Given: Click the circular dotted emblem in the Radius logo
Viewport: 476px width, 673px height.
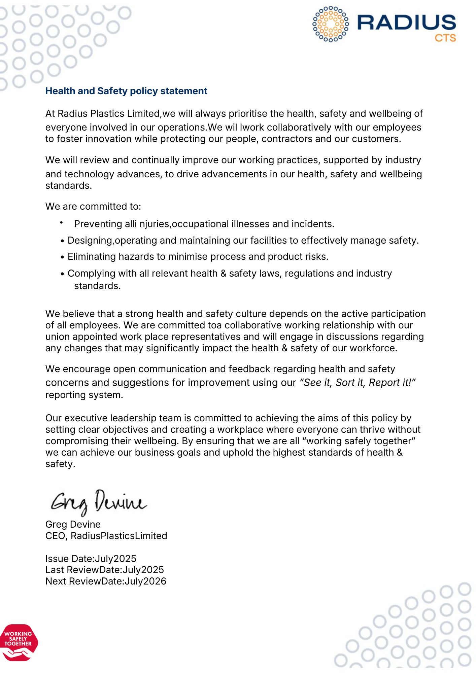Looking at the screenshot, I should pos(331,24).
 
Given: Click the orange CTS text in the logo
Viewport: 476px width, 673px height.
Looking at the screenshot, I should pos(445,38).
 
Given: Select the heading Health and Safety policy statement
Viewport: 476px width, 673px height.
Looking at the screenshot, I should pos(126,91).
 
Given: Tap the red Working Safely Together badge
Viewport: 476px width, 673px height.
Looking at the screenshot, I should pos(19,642).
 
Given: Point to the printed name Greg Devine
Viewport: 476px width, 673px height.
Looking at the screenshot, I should pos(73,524).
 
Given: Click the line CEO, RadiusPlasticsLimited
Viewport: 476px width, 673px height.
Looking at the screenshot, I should pos(106,536).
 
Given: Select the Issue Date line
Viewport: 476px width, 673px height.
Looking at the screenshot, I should pos(91,559).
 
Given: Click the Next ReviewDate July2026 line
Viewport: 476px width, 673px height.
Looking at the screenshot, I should pos(106,581).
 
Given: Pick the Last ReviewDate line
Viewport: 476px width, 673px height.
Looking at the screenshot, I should pos(104,570).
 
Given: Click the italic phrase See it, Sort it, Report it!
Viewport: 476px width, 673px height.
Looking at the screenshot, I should pos(358,383).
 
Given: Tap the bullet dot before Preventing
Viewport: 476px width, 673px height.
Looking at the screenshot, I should pos(62,223).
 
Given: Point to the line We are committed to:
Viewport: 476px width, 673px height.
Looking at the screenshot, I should pos(93,206).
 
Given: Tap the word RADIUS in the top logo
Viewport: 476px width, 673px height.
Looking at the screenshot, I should pos(406,23).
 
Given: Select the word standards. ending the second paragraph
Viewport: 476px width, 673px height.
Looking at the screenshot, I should pos(69,186).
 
